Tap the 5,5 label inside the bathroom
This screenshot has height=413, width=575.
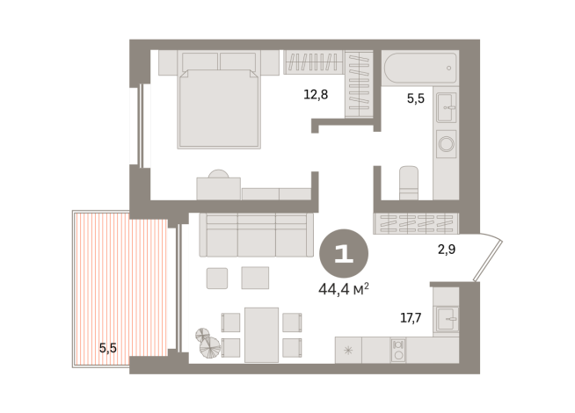click(415, 99)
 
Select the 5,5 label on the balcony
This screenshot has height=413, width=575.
click(107, 348)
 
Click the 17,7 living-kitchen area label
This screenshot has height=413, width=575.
click(411, 318)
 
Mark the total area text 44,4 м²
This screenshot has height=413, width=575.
click(344, 286)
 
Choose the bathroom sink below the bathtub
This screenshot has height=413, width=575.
click(446, 108)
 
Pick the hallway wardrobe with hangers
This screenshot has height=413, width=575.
click(417, 223)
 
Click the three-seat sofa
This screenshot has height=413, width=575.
click(256, 235)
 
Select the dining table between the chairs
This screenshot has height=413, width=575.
click(261, 334)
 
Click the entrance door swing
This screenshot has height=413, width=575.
click(487, 255)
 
